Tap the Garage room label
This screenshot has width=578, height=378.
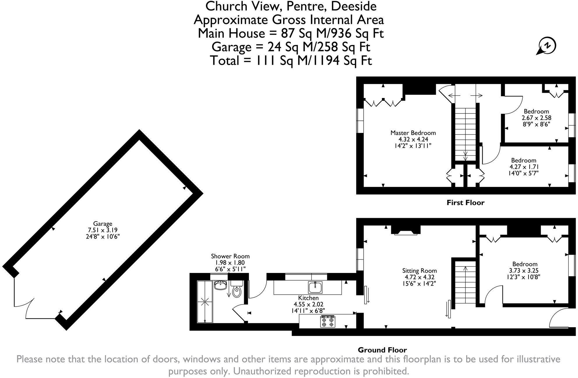click(x=103, y=224)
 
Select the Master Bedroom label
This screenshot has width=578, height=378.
click(x=413, y=133)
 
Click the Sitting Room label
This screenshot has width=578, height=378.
click(x=420, y=271)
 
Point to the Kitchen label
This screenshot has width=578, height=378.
click(x=308, y=298)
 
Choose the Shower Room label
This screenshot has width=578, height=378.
click(x=230, y=256)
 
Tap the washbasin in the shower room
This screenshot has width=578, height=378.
click(x=221, y=285)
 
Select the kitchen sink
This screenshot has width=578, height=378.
click(x=315, y=287)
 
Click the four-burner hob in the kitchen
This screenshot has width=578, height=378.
click(x=327, y=321)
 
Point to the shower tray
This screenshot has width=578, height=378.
click(x=205, y=302)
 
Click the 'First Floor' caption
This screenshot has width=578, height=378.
click(x=465, y=203)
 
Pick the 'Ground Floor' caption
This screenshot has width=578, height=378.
click(x=382, y=350)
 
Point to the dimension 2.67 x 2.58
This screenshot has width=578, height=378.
click(x=536, y=118)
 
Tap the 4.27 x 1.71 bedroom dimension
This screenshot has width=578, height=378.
click(x=524, y=167)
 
